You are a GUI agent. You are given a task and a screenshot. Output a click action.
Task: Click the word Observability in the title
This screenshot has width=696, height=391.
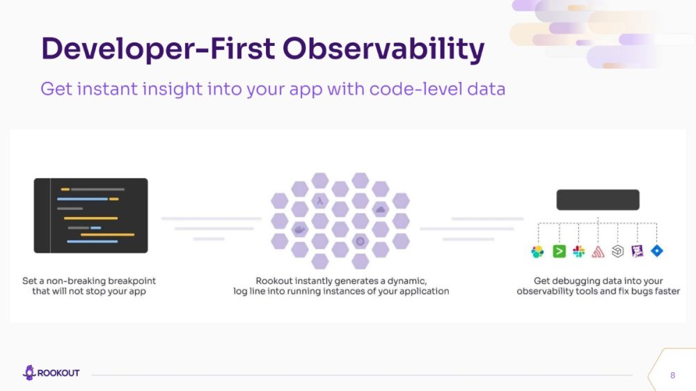(383, 49)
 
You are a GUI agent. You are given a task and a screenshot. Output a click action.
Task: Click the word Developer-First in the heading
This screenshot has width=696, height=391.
(157, 49)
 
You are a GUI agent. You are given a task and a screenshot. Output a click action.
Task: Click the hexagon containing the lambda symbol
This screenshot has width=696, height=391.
(320, 201)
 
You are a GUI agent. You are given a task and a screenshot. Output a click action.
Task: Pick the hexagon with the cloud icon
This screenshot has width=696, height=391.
(381, 209)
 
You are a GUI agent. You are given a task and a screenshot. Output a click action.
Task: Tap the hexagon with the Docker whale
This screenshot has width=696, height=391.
(299, 230)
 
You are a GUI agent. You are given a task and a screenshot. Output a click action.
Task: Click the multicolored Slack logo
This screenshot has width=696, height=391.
(578, 251)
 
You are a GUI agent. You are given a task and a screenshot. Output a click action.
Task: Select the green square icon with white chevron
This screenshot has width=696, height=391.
(559, 251)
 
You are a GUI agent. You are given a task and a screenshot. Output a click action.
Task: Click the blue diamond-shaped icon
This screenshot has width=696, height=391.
(656, 250)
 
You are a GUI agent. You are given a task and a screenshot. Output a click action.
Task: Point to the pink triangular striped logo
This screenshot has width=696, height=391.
(598, 252)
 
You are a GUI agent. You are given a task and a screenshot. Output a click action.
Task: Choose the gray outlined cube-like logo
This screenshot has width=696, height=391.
(617, 251)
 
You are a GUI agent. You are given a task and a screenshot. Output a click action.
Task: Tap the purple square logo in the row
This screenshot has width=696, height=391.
(637, 251)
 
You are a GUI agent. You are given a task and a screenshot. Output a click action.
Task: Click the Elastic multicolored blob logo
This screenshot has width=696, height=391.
(537, 252)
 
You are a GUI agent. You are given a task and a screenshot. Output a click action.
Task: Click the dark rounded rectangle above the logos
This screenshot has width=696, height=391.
(598, 200)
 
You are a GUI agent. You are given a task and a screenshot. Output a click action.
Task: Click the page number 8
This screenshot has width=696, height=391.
(672, 376)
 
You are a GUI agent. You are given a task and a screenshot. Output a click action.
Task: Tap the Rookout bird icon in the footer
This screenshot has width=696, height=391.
(29, 372)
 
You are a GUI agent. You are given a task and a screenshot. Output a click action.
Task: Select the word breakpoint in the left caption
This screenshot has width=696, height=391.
(132, 281)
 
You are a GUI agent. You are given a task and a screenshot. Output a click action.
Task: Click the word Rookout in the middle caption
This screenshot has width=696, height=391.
(274, 281)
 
